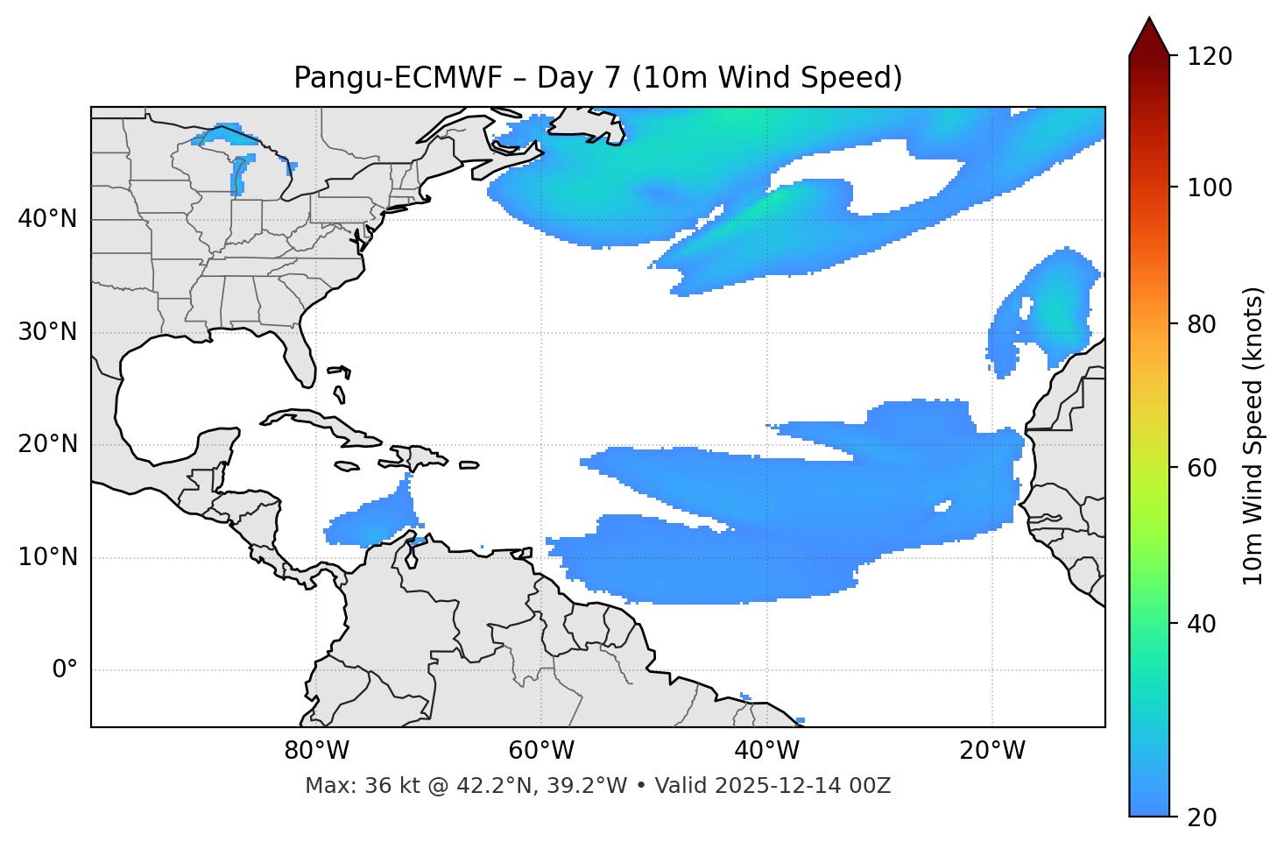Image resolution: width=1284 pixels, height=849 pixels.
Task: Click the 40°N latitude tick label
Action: coord(47,219)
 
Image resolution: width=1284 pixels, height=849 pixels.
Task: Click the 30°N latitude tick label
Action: coord(47,332)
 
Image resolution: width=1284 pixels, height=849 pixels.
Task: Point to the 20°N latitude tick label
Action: coord(47,444)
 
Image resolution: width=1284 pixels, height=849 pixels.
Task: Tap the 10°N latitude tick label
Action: coord(47,557)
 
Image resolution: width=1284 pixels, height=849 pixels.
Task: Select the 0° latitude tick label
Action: coord(64,670)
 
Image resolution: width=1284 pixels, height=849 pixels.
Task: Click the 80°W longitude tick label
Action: coord(316,751)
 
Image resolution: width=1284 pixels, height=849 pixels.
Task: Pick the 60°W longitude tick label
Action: coord(541,751)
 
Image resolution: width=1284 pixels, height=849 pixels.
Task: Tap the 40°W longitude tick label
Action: coord(766,751)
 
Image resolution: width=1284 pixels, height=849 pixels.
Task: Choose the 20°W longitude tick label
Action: coord(992,751)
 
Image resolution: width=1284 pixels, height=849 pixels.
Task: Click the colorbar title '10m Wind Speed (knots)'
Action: coord(1253,435)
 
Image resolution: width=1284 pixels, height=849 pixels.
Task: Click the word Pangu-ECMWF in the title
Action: coord(398,78)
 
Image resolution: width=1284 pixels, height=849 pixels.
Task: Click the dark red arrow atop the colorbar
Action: coord(1149,37)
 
